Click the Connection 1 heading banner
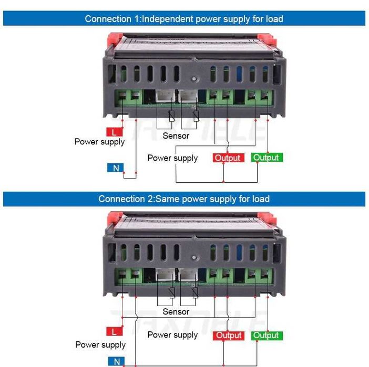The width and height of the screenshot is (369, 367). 184,19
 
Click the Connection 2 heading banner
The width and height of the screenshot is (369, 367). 184,199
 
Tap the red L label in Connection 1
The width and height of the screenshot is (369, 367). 114,132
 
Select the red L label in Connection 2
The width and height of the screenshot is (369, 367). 114,331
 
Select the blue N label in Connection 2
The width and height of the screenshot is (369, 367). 116,361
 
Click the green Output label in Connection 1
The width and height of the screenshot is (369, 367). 266,158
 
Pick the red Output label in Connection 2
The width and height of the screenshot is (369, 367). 229,335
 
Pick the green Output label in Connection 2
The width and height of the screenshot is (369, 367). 266,335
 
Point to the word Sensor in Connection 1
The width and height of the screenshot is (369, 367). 176,136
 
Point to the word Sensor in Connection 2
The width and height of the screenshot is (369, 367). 176,312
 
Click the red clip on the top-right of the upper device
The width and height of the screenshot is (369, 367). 268,39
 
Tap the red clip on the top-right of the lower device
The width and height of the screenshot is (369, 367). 268,217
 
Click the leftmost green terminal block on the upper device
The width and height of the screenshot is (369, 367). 129,97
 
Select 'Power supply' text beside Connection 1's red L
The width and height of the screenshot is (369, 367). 100,142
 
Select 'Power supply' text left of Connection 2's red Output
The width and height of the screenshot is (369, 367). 172,335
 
